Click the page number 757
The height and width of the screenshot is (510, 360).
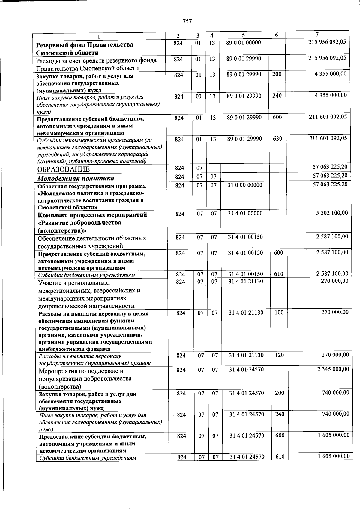click(187, 21)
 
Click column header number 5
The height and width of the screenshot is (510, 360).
click(243, 35)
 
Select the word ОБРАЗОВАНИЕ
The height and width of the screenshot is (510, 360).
click(63, 169)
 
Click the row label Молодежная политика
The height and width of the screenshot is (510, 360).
click(75, 178)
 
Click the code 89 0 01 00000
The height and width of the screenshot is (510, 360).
click(244, 43)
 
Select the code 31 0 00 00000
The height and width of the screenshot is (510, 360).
click(245, 185)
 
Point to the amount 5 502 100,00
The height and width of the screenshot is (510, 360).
click(332, 213)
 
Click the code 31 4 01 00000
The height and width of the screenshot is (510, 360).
click(245, 213)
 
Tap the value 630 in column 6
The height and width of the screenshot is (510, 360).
click(277, 139)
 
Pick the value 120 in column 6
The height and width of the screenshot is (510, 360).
click(279, 355)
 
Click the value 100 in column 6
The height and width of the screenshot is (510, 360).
click(279, 313)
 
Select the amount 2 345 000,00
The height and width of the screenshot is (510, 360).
click(333, 369)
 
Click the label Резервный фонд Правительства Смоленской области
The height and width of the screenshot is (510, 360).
click(85, 49)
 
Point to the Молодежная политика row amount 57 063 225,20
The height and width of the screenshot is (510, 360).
click(330, 176)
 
